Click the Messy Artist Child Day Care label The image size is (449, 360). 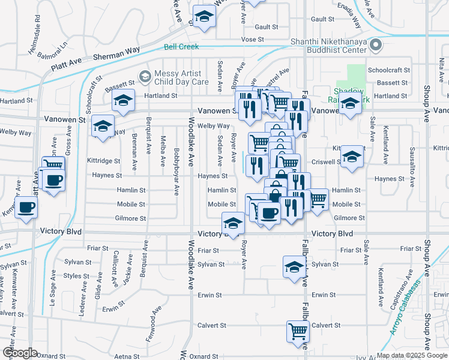pos(181,77)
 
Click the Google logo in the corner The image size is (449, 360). pos(20,352)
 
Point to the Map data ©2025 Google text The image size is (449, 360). pos(412,355)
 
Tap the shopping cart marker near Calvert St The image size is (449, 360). pos(298,331)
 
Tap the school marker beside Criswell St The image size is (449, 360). pos(352,157)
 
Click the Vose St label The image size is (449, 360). pos(252,39)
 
